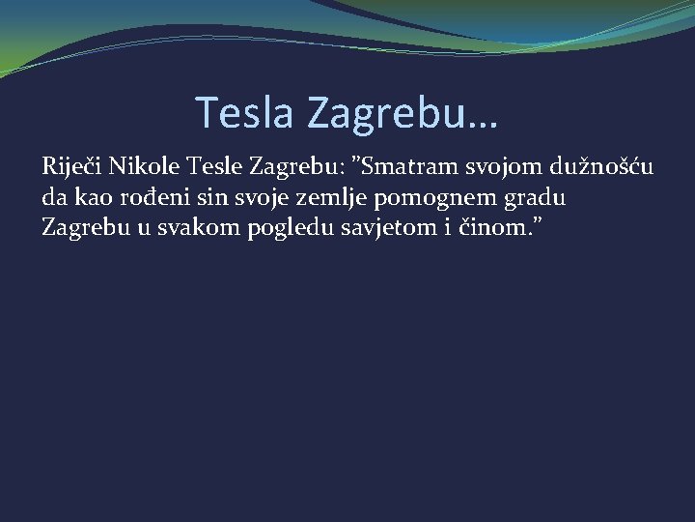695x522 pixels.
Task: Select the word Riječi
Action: [71, 166]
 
